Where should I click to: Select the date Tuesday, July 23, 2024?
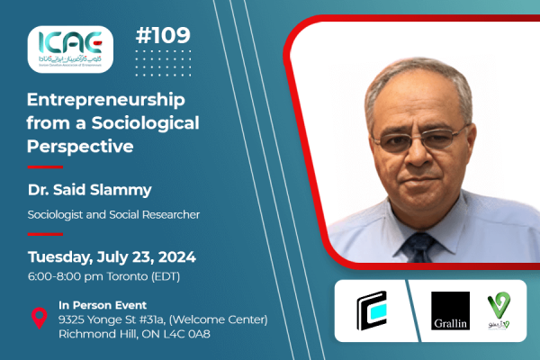(x=112, y=257)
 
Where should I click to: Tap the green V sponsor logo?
(x=500, y=310)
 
